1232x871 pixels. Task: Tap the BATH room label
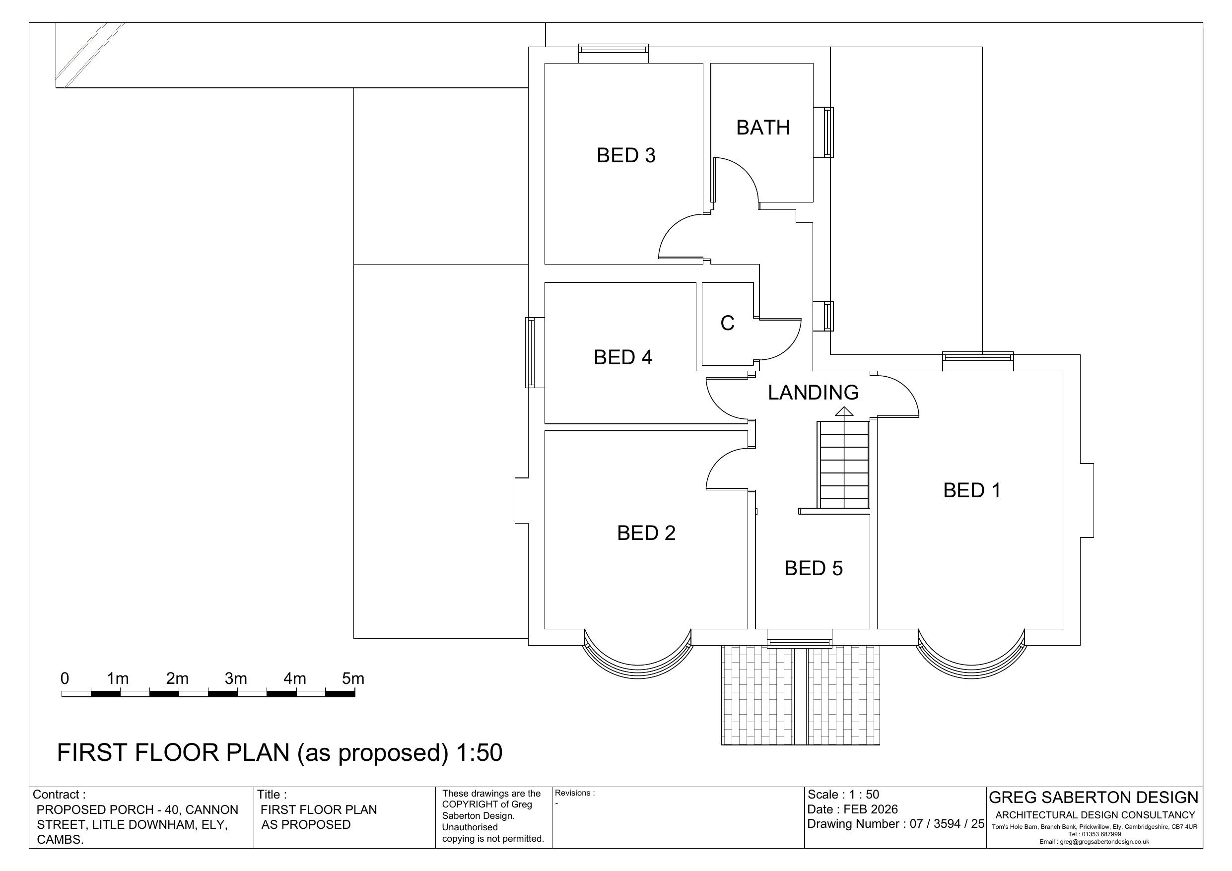tap(762, 128)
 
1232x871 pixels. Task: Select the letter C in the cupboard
tap(727, 323)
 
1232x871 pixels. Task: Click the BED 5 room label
tap(814, 568)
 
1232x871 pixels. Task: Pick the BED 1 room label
tap(972, 490)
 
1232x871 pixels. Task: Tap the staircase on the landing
tap(843, 465)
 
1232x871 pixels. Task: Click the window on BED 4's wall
tap(531, 352)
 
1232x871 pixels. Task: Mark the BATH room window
tap(828, 132)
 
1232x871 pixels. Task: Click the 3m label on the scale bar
tap(236, 678)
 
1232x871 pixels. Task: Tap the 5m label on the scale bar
tap(353, 678)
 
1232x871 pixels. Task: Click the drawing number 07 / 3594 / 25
tap(947, 824)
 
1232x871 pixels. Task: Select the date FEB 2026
tap(870, 809)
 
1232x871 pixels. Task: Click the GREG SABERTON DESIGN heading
tap(1094, 798)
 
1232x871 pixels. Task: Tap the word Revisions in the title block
tap(573, 793)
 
